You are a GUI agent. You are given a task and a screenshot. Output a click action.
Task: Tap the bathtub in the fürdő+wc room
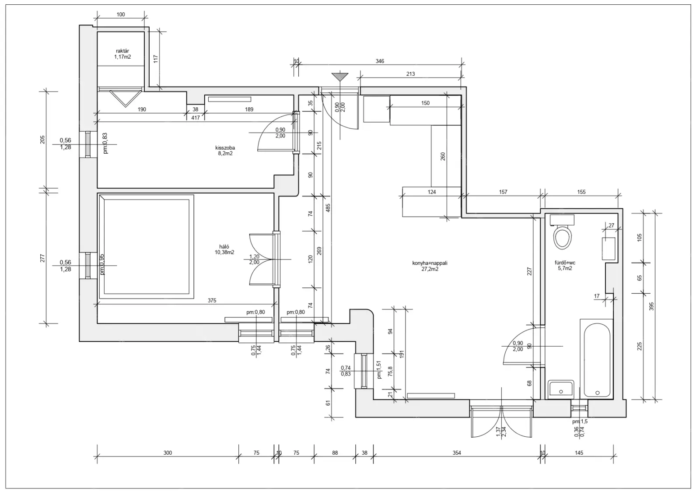(597, 360)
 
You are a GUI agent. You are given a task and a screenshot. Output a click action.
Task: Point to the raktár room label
(122, 51)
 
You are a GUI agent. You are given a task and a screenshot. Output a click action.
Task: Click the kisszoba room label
(225, 148)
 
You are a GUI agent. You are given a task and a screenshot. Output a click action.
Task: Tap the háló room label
(224, 247)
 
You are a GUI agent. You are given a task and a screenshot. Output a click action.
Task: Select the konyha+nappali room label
(430, 263)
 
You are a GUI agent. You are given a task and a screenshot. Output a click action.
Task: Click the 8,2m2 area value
(225, 154)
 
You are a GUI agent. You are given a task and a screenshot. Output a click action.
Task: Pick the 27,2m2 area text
(430, 269)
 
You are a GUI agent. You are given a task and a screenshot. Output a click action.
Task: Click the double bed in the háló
(147, 247)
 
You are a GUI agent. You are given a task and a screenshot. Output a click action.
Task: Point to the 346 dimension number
(380, 61)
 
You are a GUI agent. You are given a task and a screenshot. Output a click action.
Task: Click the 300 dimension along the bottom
(168, 453)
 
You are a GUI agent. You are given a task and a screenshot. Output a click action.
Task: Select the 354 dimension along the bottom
(457, 453)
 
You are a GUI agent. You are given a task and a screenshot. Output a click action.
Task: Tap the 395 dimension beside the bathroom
(651, 306)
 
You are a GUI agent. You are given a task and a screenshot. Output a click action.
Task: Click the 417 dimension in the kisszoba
(195, 118)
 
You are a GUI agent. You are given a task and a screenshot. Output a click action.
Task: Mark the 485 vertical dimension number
(328, 208)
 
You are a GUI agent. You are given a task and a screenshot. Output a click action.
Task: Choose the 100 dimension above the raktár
(121, 14)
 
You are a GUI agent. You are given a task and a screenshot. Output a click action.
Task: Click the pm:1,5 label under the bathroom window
(580, 421)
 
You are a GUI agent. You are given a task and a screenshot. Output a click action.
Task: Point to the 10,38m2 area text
(224, 253)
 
